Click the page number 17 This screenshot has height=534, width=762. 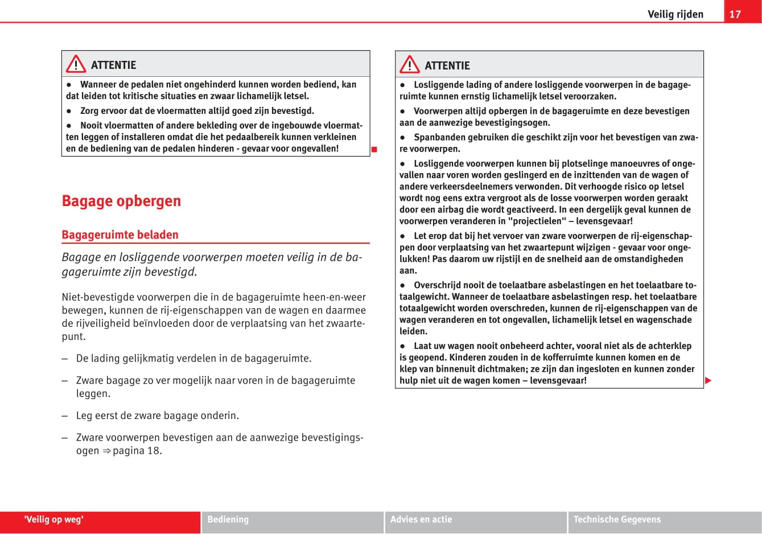click(x=735, y=14)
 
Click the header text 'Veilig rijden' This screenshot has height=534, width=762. click(x=675, y=14)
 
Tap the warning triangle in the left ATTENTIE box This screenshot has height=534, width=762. click(x=76, y=64)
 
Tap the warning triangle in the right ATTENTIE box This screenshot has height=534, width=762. click(x=409, y=65)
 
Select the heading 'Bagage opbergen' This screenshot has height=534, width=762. click(x=121, y=201)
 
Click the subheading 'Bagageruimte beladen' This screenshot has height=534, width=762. click(x=120, y=235)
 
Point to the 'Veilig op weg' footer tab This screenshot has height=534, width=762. click(x=54, y=519)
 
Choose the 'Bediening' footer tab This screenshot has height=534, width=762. click(x=228, y=519)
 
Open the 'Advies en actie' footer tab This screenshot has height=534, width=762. click(x=421, y=519)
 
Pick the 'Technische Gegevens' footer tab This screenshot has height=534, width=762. click(x=617, y=519)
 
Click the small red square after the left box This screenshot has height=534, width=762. click(x=374, y=150)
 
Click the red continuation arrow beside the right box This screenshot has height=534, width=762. click(x=708, y=380)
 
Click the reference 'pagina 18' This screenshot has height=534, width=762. click(x=137, y=451)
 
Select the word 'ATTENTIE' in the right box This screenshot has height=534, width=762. click(x=447, y=65)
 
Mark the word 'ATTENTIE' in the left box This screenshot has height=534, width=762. click(x=114, y=65)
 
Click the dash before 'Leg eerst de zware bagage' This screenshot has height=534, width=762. click(x=65, y=416)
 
